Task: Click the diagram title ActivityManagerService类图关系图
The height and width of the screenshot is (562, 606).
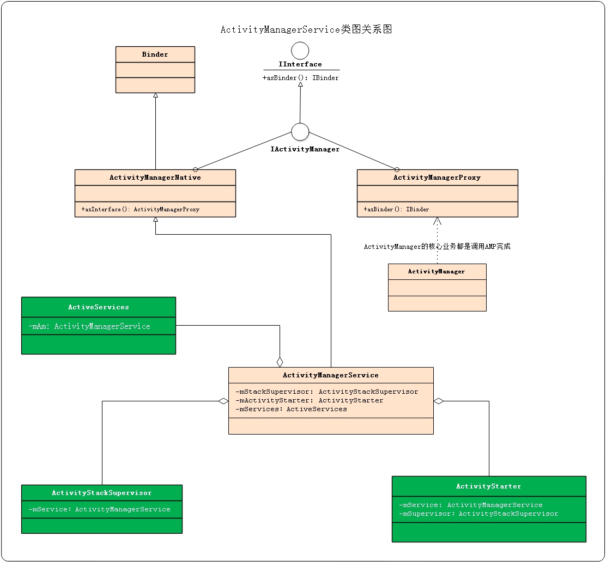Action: click(x=306, y=29)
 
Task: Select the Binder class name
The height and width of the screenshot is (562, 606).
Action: click(x=155, y=54)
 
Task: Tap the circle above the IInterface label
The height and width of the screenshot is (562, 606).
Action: click(x=300, y=51)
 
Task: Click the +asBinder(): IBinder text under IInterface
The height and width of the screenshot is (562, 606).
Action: click(x=300, y=78)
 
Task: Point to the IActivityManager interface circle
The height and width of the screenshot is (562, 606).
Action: click(x=300, y=132)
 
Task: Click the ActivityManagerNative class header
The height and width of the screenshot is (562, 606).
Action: click(x=155, y=178)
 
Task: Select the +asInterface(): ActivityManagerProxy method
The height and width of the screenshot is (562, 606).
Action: click(x=141, y=209)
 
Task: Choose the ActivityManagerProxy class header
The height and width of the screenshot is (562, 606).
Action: click(x=437, y=178)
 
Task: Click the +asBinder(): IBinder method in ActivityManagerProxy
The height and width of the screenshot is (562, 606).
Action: click(x=396, y=209)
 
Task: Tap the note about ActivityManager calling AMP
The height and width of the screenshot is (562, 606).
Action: click(x=437, y=247)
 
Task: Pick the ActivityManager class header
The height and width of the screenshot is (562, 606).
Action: click(x=437, y=271)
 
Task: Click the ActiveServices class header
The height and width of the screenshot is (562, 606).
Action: click(x=99, y=307)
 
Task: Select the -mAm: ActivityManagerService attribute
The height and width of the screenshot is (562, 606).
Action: click(x=89, y=326)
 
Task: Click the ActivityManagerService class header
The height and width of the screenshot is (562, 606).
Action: click(x=330, y=375)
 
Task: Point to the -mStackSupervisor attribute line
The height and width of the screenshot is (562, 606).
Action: click(x=327, y=392)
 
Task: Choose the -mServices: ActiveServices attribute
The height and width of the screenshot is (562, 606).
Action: click(x=292, y=409)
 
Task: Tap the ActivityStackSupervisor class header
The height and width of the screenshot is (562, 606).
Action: click(x=102, y=493)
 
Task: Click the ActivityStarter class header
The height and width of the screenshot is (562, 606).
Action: click(x=489, y=486)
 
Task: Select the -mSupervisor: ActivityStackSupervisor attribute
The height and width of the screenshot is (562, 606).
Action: click(x=478, y=514)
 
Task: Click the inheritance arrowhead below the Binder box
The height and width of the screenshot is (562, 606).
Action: click(x=155, y=96)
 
